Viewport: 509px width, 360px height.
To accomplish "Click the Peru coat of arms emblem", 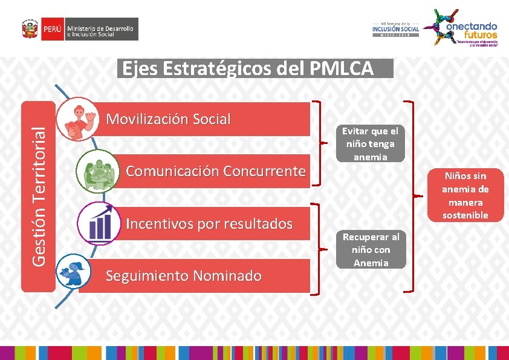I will [x=28, y=29].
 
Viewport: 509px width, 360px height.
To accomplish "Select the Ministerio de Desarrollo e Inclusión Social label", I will [x=101, y=29].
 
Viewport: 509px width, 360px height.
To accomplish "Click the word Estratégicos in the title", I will [x=218, y=69].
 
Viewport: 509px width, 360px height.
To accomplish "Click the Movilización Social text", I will [x=168, y=119].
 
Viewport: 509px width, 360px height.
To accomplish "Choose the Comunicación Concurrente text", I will [x=215, y=171].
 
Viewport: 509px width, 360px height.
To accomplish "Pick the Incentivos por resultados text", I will [x=209, y=224].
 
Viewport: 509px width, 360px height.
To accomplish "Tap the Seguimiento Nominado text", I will [x=183, y=277].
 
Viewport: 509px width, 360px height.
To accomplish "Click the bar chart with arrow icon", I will [x=99, y=223].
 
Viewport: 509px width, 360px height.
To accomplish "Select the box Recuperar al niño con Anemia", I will [x=371, y=249].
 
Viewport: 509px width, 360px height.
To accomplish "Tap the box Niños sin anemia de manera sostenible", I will [x=465, y=195].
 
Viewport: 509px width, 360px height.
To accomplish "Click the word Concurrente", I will [x=264, y=171].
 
